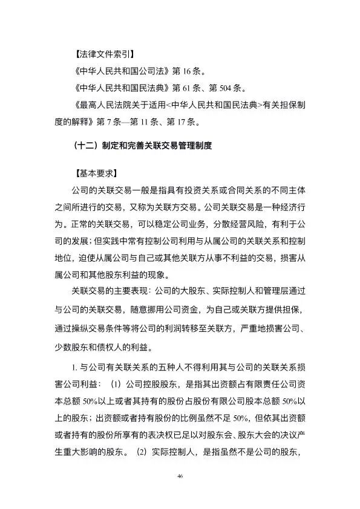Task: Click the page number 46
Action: click(x=180, y=476)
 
